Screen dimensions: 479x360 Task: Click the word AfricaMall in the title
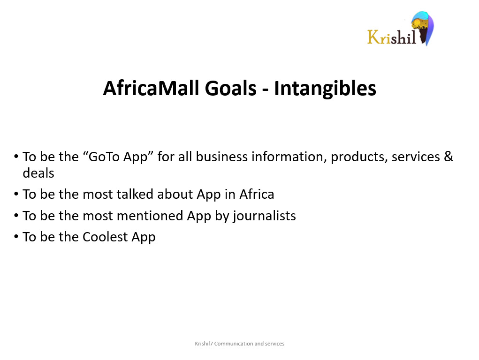[x=151, y=88]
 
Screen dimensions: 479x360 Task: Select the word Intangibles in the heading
[x=325, y=89]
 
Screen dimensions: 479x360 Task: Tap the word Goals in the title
[x=231, y=88]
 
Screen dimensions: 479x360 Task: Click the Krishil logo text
[x=392, y=37]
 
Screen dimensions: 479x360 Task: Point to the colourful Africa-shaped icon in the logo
[x=422, y=28]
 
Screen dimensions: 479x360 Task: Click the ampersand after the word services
[x=448, y=157]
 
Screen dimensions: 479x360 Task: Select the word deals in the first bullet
[x=38, y=173]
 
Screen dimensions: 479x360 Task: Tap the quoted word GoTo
[x=104, y=157]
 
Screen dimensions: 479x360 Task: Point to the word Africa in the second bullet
[x=257, y=194]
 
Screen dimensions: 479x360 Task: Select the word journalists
[x=265, y=216]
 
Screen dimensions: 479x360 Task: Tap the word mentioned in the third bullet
[x=150, y=216]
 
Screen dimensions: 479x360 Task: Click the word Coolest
[x=105, y=237]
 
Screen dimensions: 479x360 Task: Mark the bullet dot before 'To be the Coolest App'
[x=16, y=237]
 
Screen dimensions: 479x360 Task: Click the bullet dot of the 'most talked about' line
[x=16, y=195]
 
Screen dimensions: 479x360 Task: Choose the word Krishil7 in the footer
[x=204, y=344]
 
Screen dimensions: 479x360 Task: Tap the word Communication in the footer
[x=234, y=344]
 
